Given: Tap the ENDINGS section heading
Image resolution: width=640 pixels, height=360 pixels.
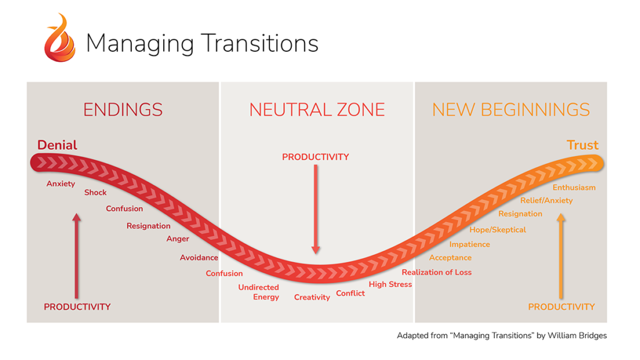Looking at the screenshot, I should [x=123, y=110].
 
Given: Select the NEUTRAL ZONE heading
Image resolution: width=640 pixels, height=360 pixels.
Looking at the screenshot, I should [x=317, y=110].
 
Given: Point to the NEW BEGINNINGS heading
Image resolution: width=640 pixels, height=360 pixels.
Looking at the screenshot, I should [x=511, y=110].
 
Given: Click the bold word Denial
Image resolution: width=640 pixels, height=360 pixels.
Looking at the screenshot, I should [x=57, y=145].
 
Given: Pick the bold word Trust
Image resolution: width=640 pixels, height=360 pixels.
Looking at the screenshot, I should [x=582, y=145].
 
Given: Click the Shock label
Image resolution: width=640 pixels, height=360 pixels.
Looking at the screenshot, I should [x=96, y=192].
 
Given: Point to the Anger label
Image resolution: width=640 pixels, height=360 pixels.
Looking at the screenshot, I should [x=177, y=239].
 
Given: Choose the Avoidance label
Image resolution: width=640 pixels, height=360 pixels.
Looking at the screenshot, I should [x=199, y=257].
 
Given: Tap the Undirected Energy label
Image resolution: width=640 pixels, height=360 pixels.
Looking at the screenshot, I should [x=259, y=292].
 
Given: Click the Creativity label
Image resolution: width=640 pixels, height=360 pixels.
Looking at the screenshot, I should [x=312, y=297].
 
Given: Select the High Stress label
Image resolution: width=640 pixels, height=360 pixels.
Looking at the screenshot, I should [x=391, y=284].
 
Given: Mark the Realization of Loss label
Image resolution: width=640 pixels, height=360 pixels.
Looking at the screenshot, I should [x=437, y=272].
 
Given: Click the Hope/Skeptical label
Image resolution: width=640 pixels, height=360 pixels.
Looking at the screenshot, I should [x=497, y=230].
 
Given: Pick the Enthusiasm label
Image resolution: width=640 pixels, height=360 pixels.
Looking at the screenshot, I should [x=574, y=187].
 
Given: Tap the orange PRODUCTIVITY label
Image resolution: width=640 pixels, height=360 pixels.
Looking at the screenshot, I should [x=561, y=307].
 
